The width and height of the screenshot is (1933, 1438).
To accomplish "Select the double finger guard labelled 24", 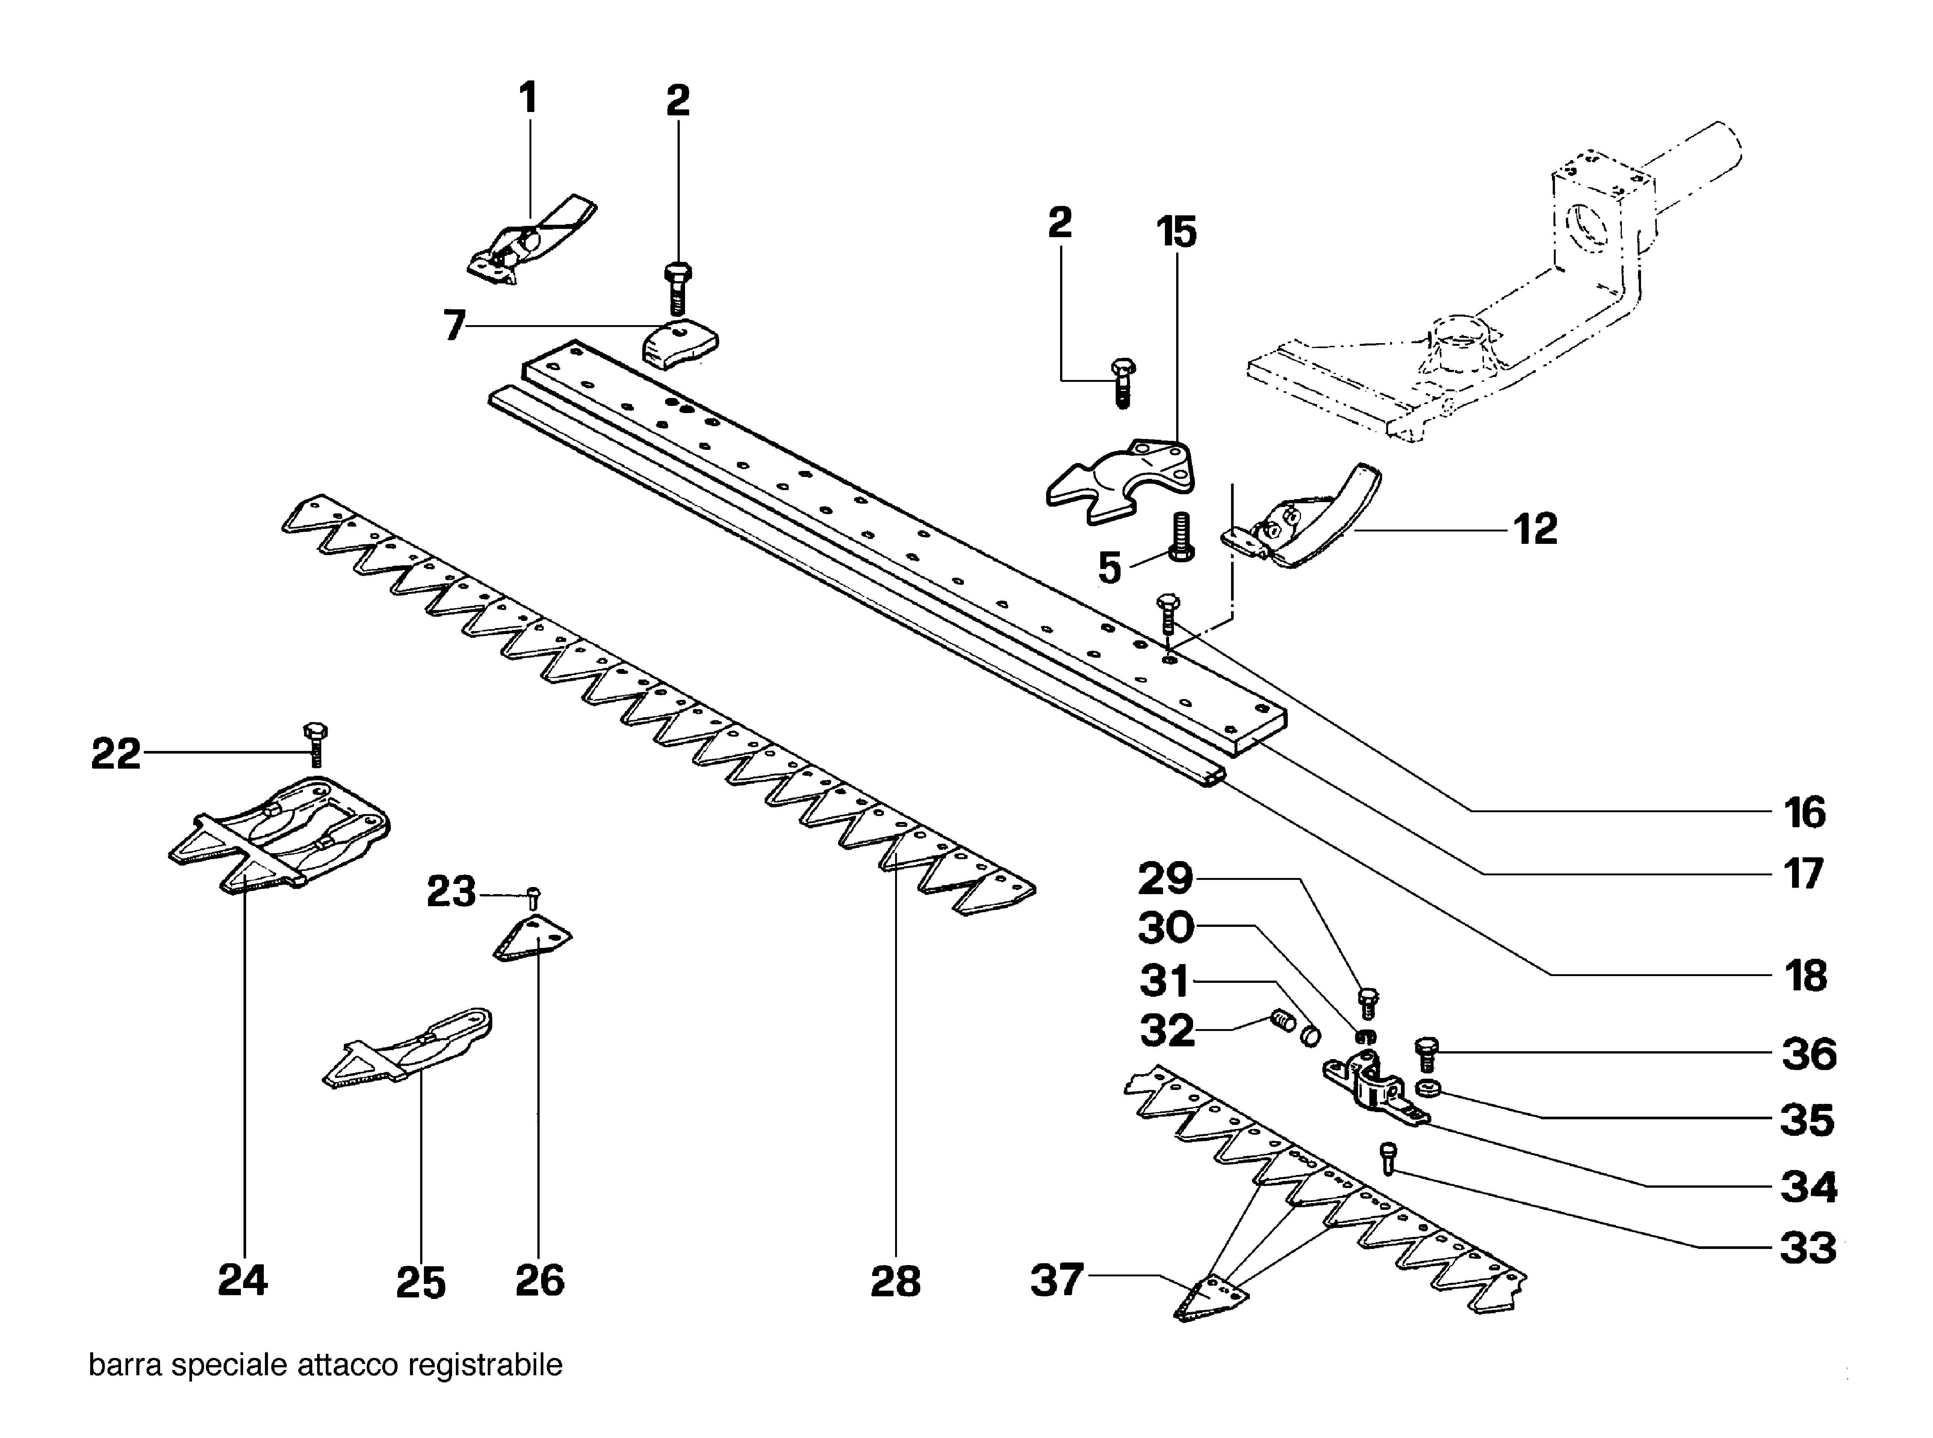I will [278, 831].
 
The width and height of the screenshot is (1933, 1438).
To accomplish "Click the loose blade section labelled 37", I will [1212, 1299].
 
